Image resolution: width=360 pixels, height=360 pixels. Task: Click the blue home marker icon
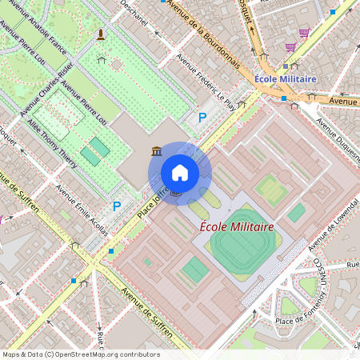(180, 173)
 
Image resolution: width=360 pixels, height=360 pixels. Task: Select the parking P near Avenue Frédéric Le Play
(202, 118)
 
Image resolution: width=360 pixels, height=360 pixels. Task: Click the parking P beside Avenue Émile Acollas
(117, 206)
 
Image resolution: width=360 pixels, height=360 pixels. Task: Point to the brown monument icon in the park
(101, 34)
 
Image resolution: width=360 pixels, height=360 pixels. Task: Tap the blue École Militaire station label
(286, 79)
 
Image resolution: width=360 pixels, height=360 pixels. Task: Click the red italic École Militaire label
(237, 227)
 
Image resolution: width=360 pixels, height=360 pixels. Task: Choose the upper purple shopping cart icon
(304, 34)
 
